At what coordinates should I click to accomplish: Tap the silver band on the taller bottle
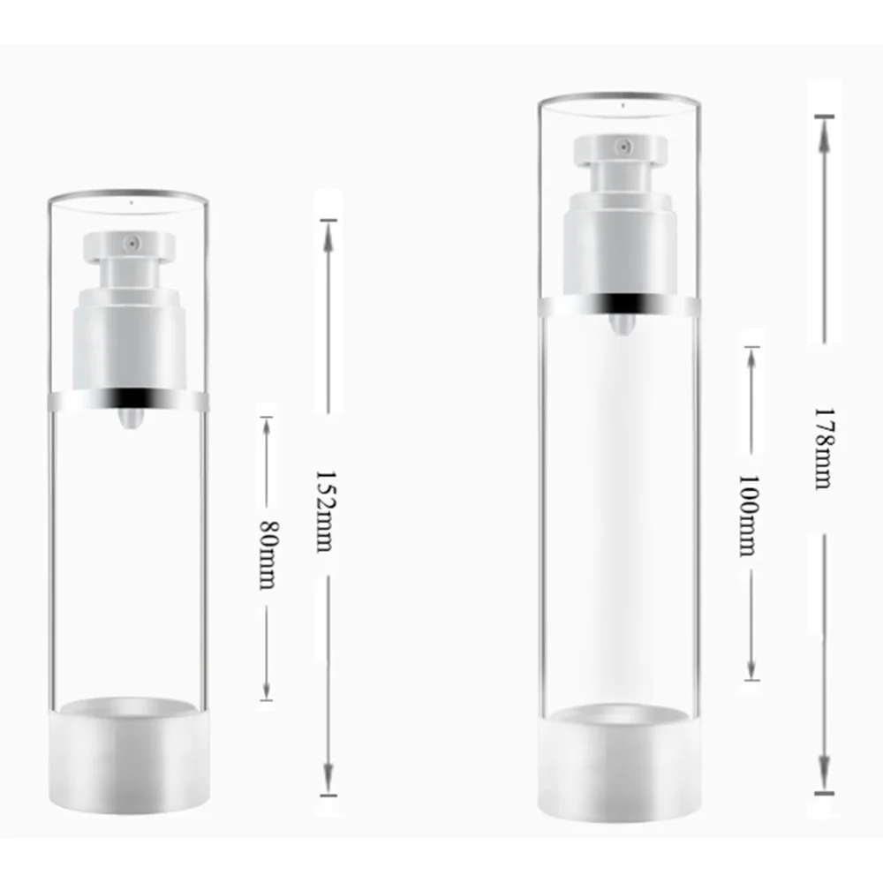pos(618,306)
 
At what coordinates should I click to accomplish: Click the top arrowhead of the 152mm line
pos(328,231)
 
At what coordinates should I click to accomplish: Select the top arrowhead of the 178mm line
pos(823,128)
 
